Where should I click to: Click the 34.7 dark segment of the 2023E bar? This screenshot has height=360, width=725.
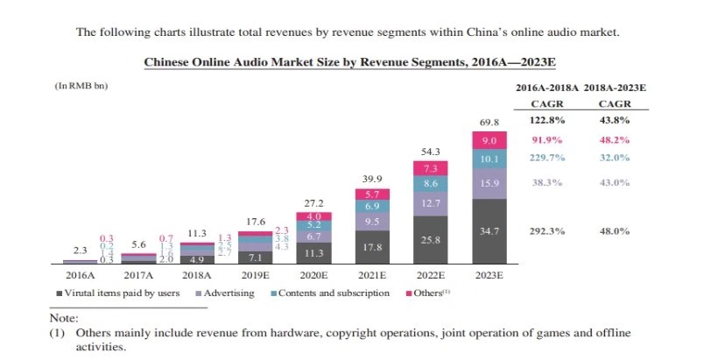(x=489, y=230)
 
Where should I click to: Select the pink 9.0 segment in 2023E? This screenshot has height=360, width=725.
(x=489, y=140)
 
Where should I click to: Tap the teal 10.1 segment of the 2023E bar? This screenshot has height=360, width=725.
(x=489, y=159)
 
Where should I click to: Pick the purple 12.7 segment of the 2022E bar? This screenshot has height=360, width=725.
(x=430, y=203)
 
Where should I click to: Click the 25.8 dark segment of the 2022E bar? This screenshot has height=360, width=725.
(x=430, y=239)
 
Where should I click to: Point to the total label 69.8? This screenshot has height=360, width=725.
(x=489, y=121)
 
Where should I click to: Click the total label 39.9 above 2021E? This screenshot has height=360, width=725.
(x=371, y=179)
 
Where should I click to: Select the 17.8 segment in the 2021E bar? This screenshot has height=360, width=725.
(x=371, y=247)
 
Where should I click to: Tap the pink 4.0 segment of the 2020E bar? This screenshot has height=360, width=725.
(x=313, y=216)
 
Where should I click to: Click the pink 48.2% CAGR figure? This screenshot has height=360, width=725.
(x=614, y=139)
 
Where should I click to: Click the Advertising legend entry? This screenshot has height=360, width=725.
(x=229, y=293)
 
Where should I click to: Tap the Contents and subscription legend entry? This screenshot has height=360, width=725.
(x=333, y=293)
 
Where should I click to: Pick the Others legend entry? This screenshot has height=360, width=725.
(x=428, y=293)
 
